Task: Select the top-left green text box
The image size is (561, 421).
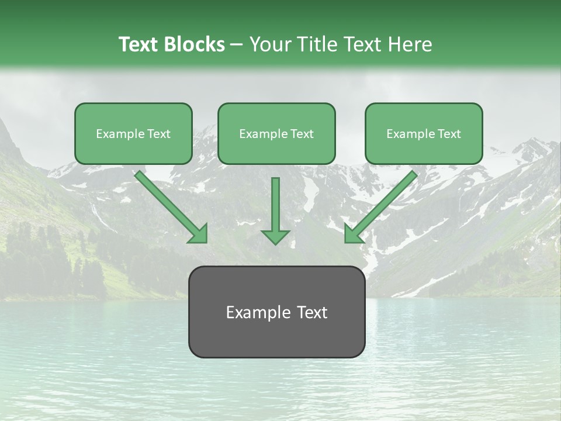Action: point(133,133)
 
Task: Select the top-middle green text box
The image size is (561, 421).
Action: point(276,133)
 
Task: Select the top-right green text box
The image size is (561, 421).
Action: point(424,133)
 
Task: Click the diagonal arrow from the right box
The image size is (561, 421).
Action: point(383,204)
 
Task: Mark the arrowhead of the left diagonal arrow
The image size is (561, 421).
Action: point(199,233)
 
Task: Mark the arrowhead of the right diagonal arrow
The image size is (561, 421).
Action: point(353,233)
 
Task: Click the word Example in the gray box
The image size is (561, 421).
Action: point(255,313)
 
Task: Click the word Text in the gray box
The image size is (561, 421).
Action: point(313,312)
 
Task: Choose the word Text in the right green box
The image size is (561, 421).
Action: point(449,134)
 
